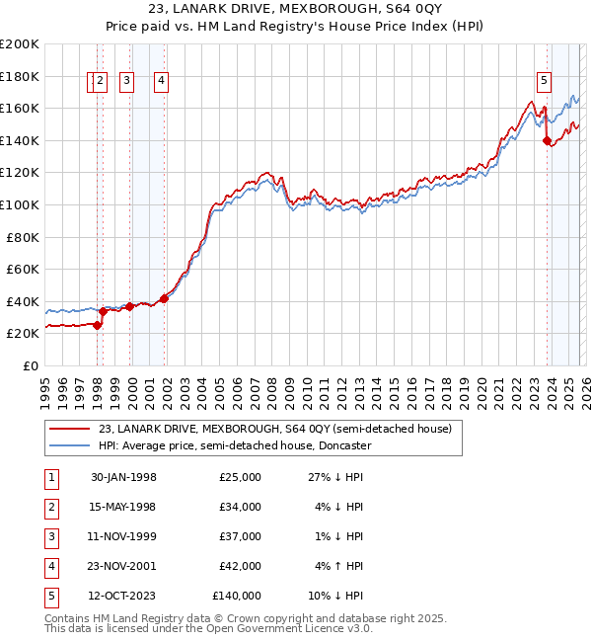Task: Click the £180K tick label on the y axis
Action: pos(20,76)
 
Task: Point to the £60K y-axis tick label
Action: pos(23,269)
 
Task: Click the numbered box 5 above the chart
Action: pos(545,82)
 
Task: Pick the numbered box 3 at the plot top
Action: pos(127,82)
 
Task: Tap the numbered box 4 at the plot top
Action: pos(160,82)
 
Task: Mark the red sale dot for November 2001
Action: pos(164,298)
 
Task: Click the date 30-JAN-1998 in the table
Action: pos(123,477)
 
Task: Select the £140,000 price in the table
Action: pos(237,596)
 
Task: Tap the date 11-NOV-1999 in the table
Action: pos(123,536)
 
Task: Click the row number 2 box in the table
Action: pos(50,507)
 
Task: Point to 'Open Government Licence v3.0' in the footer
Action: pos(285,628)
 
